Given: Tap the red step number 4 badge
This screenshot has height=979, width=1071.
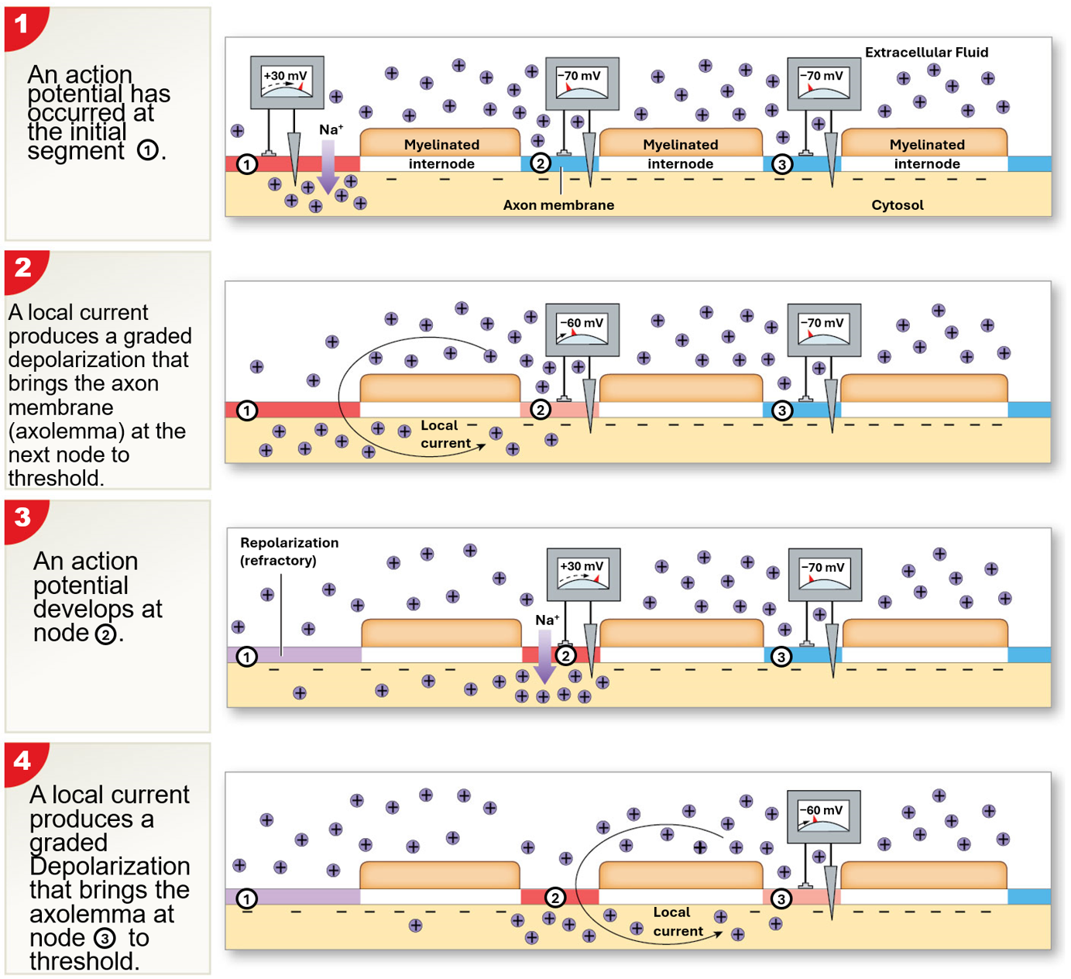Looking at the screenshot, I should pos(22,761).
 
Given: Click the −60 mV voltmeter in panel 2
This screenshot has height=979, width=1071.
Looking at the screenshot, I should pos(582,330).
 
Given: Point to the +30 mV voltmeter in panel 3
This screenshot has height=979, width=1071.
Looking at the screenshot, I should pos(583,574).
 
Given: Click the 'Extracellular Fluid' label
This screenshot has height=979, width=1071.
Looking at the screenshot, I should pos(926,53).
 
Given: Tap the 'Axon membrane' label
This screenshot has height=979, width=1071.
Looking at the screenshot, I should pos(558,205).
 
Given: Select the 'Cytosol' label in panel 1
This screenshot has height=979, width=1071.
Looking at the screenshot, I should pos(897,205).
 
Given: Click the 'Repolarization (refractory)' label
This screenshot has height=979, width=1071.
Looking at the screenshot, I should pos(289,551).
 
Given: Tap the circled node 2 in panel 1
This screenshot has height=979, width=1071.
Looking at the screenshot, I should pos(541,163).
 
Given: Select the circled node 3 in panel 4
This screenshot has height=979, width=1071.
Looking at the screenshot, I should pos(781,898).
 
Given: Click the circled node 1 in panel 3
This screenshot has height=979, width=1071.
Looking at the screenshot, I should pos(246,657).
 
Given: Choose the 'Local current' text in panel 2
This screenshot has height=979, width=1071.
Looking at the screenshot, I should pos(445,435).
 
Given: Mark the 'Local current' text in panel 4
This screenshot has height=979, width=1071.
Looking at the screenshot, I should pos(677,922).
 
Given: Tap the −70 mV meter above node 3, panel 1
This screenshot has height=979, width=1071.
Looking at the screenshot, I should pos(823,83).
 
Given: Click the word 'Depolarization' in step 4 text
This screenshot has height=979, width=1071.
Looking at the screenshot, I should pos(110,866).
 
